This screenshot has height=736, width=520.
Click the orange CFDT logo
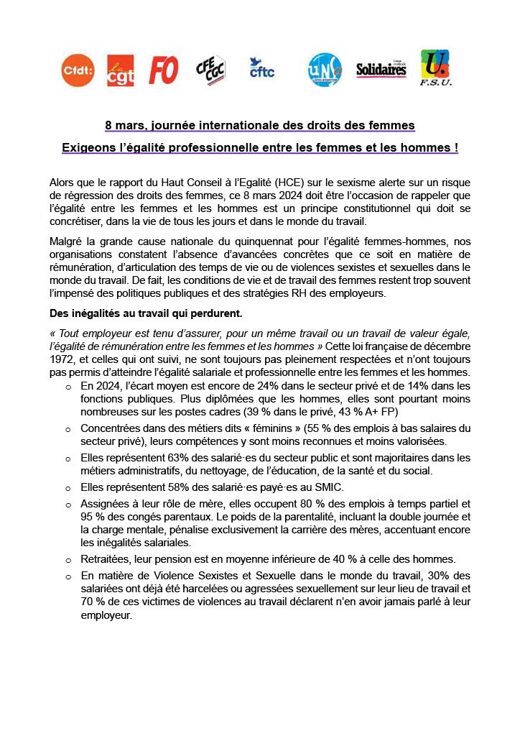click(78, 70)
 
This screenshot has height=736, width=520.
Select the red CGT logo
click(120, 70)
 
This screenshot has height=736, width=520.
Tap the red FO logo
click(164, 70)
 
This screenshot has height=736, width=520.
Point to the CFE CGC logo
click(210, 70)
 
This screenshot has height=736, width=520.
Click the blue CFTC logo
click(261, 69)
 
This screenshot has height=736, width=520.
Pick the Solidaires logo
click(381, 70)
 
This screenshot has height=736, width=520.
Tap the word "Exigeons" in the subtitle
click(87, 147)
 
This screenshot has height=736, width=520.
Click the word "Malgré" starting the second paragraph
click(67, 239)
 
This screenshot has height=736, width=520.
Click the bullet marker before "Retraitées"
click(68, 560)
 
